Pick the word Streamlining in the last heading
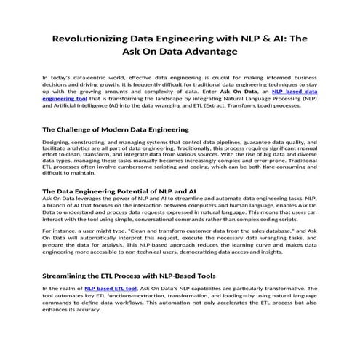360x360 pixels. [74, 276]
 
